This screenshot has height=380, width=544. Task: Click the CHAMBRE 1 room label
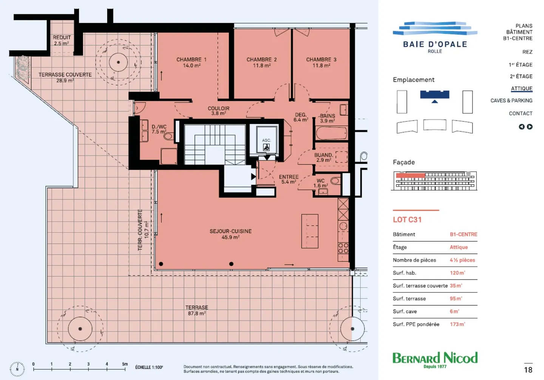(x=192, y=60)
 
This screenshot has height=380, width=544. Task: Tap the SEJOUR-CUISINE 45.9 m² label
(x=230, y=234)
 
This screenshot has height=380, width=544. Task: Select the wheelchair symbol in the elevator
(x=266, y=147)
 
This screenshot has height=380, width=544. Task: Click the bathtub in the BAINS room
(x=331, y=133)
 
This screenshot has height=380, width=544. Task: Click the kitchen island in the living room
(x=310, y=231)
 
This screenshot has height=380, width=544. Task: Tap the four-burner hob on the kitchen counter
(x=343, y=248)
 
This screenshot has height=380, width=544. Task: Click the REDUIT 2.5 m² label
(x=62, y=40)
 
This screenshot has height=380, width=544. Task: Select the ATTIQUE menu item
(x=521, y=89)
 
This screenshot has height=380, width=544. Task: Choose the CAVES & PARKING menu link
(x=511, y=100)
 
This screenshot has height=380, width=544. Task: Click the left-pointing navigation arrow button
(x=521, y=127)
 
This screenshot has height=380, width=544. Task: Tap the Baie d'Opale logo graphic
(x=435, y=28)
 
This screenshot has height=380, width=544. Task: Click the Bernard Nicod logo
(x=435, y=360)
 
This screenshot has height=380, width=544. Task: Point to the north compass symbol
(x=17, y=369)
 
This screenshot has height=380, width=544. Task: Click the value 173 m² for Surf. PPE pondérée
(x=457, y=324)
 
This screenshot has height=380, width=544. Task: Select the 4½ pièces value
(x=462, y=260)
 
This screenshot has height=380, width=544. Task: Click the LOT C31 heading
(x=407, y=220)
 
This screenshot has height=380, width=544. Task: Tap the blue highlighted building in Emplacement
(x=435, y=94)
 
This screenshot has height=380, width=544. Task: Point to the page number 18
(x=528, y=370)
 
